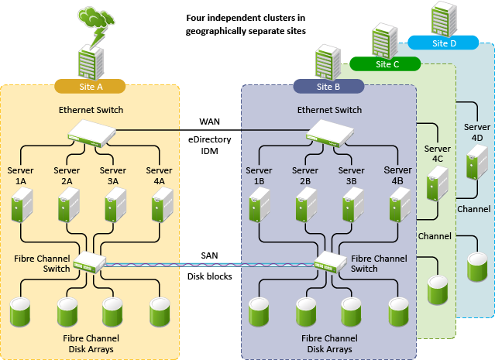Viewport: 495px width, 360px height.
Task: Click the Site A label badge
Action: (x=90, y=84)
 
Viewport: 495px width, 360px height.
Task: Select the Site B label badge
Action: (x=328, y=85)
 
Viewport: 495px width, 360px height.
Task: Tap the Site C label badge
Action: (x=387, y=64)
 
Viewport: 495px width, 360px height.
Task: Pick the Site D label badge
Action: (x=442, y=43)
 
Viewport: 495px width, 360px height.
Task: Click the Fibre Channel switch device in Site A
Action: (x=88, y=264)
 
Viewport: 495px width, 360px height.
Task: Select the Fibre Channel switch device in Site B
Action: (x=330, y=263)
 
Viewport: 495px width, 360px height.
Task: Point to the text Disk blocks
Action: (x=209, y=276)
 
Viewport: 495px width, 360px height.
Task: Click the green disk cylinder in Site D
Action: (x=476, y=266)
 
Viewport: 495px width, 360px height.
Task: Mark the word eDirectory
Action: (x=209, y=139)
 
